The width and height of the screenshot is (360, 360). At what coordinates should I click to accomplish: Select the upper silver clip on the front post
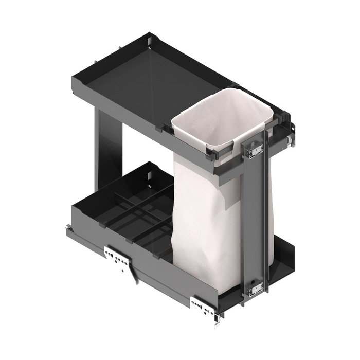coord(255,150)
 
